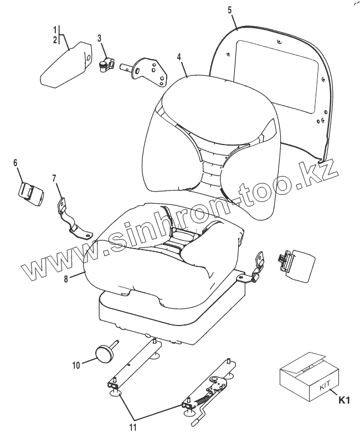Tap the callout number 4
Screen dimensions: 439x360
[x=179, y=56]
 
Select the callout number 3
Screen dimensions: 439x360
[x=99, y=38]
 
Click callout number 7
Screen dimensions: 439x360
[x=54, y=178]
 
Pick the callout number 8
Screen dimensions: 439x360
[x=66, y=279]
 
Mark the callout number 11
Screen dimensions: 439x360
[x=132, y=427]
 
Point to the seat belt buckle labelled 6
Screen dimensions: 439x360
[x=30, y=193]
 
